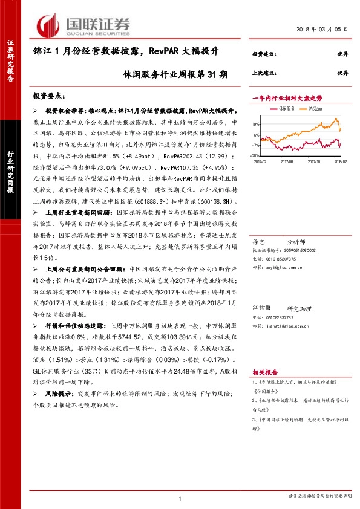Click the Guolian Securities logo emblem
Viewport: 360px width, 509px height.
47,25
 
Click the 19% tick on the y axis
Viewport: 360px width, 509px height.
257,122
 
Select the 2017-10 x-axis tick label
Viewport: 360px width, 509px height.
313,161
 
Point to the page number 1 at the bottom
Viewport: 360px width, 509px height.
180,498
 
